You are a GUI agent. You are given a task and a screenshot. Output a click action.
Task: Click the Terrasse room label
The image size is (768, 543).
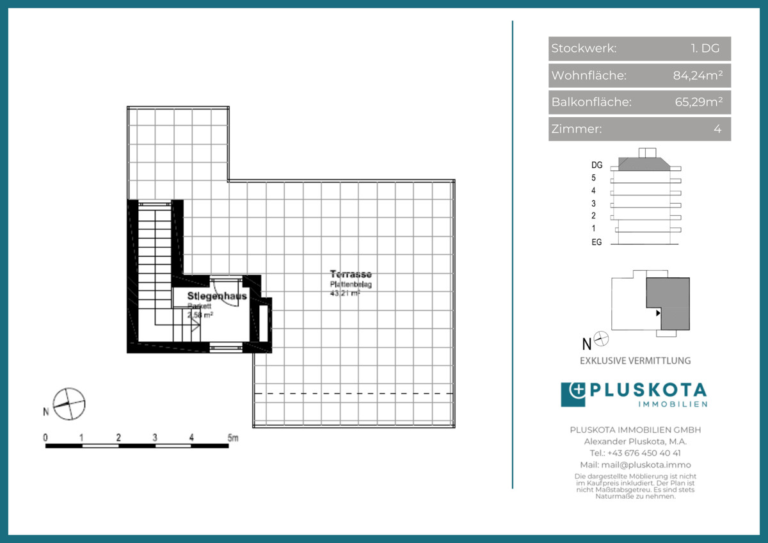point(351,274)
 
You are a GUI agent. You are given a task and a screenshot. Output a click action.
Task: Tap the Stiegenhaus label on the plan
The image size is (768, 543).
point(217,296)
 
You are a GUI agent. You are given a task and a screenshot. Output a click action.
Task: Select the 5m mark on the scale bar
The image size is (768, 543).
point(232,438)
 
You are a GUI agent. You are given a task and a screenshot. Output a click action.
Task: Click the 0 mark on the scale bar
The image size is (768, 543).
point(45,438)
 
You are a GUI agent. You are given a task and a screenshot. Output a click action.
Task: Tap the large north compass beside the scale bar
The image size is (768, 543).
point(69,404)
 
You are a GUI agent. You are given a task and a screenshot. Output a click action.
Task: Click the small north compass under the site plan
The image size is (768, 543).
point(602,339)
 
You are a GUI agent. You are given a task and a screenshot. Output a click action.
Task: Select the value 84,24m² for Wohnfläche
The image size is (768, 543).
point(698,76)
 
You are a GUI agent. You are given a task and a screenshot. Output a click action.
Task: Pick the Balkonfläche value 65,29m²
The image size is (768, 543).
point(699,102)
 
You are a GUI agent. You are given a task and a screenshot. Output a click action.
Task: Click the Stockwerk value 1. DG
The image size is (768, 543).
point(705,49)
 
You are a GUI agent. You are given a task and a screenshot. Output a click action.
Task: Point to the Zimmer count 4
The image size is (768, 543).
point(717,129)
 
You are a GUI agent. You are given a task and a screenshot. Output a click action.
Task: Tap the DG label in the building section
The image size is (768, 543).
point(596,165)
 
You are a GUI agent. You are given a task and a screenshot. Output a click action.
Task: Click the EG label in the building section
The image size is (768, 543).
point(596,243)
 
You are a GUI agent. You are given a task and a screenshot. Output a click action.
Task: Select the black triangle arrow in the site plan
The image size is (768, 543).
point(658,313)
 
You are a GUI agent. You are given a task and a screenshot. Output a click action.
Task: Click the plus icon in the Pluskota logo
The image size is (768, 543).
point(573,394)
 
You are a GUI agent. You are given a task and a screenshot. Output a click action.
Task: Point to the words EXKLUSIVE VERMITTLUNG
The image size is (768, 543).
point(635,361)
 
